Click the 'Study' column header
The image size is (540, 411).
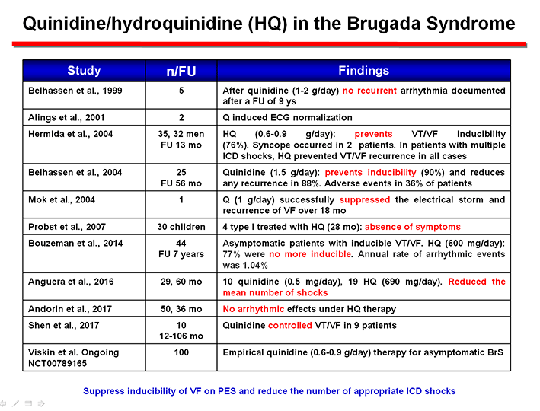click(x=84, y=71)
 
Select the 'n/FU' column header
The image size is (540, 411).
click(x=181, y=72)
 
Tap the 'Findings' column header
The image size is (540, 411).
click(x=363, y=71)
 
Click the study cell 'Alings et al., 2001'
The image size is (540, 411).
click(x=66, y=118)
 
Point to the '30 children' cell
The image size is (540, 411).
click(x=181, y=227)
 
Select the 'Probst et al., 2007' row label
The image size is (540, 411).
click(x=67, y=227)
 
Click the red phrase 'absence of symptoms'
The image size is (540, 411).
click(x=413, y=227)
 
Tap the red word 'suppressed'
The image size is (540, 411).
click(x=364, y=200)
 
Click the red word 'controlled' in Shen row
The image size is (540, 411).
click(x=290, y=325)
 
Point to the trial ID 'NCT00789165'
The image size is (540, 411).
click(x=58, y=364)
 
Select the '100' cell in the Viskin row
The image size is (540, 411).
click(x=181, y=352)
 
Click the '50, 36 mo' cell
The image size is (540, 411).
click(x=181, y=309)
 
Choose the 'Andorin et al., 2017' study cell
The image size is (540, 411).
click(x=70, y=309)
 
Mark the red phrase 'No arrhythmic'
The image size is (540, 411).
click(x=254, y=309)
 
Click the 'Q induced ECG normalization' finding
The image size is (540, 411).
click(x=288, y=118)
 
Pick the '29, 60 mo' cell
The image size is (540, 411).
click(x=181, y=282)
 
